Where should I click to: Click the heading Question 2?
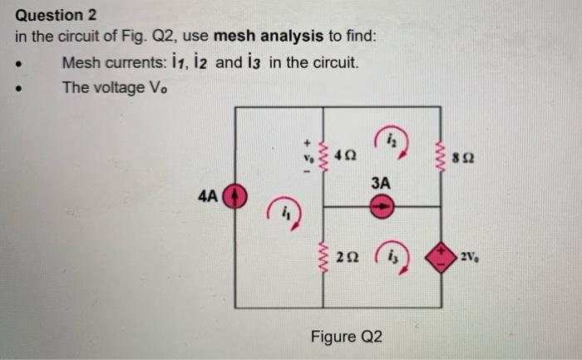50,15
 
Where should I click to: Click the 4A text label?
209,197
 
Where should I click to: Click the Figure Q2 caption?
346,337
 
